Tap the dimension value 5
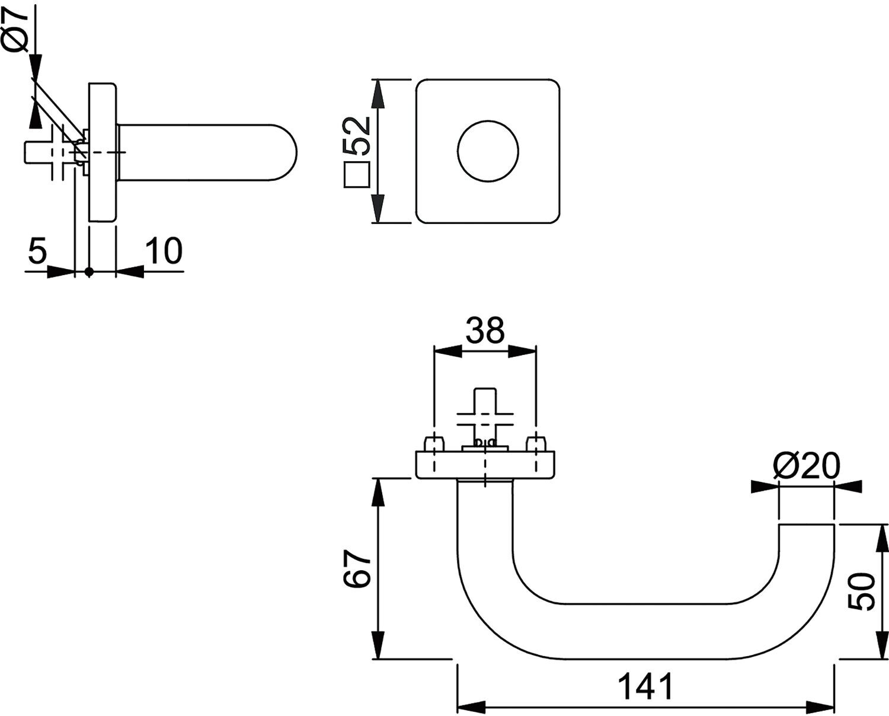(x=37, y=250)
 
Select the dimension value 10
(x=164, y=250)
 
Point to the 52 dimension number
(x=357, y=136)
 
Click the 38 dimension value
(x=485, y=330)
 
